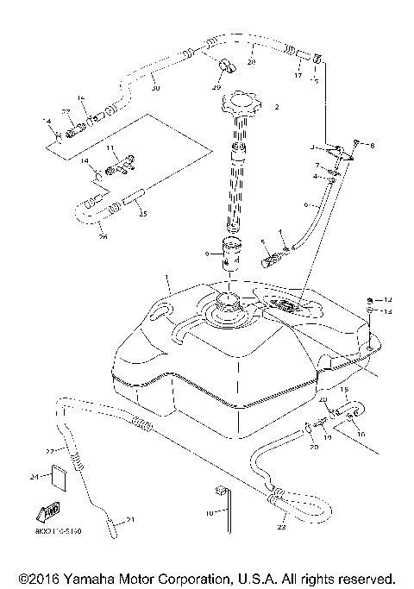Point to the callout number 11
[x=110, y=148]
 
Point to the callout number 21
[x=132, y=519]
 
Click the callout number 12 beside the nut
[x=388, y=298]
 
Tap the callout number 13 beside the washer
[x=388, y=310]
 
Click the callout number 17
[x=298, y=75]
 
